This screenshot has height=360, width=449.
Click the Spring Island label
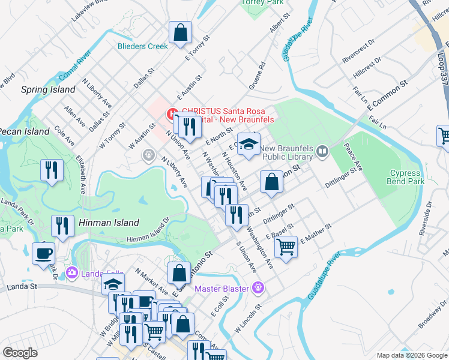(x=48, y=90)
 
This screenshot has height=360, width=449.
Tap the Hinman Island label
(x=109, y=223)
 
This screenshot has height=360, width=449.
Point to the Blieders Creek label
(x=142, y=46)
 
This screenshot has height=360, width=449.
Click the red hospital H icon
(x=172, y=112)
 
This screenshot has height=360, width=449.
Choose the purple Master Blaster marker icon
(x=259, y=288)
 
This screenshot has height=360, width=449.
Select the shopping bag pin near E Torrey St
(x=180, y=34)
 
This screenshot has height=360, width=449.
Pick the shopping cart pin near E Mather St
(x=286, y=245)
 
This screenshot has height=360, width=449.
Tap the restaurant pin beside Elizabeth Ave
(x=52, y=170)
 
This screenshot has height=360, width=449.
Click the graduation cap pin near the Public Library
(x=248, y=145)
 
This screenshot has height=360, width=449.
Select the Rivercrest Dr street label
(x=359, y=51)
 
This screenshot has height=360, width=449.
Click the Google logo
(x=20, y=353)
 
